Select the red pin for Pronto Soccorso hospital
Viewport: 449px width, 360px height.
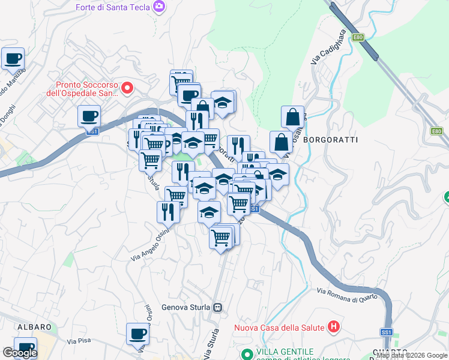[x=127, y=89]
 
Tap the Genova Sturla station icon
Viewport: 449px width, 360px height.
[x=217, y=308]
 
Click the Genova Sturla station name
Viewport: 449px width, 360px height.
[x=186, y=308]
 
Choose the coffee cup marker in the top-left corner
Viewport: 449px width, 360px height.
[x=13, y=59]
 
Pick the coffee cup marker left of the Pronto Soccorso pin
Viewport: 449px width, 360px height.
[x=89, y=115]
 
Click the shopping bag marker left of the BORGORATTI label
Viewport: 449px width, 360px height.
[x=281, y=142]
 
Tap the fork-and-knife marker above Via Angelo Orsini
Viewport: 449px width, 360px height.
[x=167, y=212]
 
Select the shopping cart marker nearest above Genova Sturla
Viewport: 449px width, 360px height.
[x=220, y=238]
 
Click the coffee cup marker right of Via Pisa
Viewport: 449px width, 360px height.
[x=137, y=334]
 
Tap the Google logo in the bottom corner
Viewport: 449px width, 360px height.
[x=20, y=353]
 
